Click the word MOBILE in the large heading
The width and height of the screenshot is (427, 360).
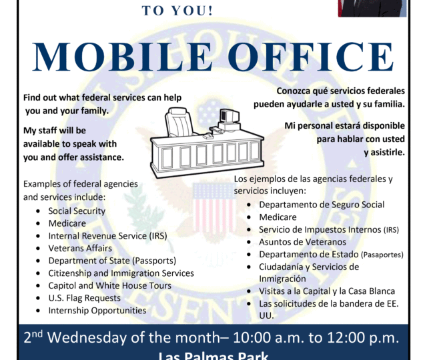pyautogui.click(x=122, y=57)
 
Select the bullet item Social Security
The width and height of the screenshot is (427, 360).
pyautogui.click(x=77, y=211)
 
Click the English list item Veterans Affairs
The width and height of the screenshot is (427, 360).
pyautogui.click(x=80, y=248)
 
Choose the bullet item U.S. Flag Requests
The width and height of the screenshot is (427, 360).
pyautogui.click(x=85, y=298)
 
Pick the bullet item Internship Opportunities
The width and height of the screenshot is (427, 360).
pyautogui.click(x=97, y=311)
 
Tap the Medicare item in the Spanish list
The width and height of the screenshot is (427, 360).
pyautogui.click(x=278, y=217)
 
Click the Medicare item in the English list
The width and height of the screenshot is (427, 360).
pyautogui.click(x=67, y=223)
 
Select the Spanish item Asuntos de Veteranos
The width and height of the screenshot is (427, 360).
pyautogui.click(x=302, y=242)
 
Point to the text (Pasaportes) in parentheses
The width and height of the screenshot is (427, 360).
pyautogui.click(x=382, y=255)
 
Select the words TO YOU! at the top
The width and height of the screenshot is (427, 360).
pyautogui.click(x=177, y=11)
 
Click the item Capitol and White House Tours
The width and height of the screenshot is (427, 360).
pyautogui.click(x=109, y=285)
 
